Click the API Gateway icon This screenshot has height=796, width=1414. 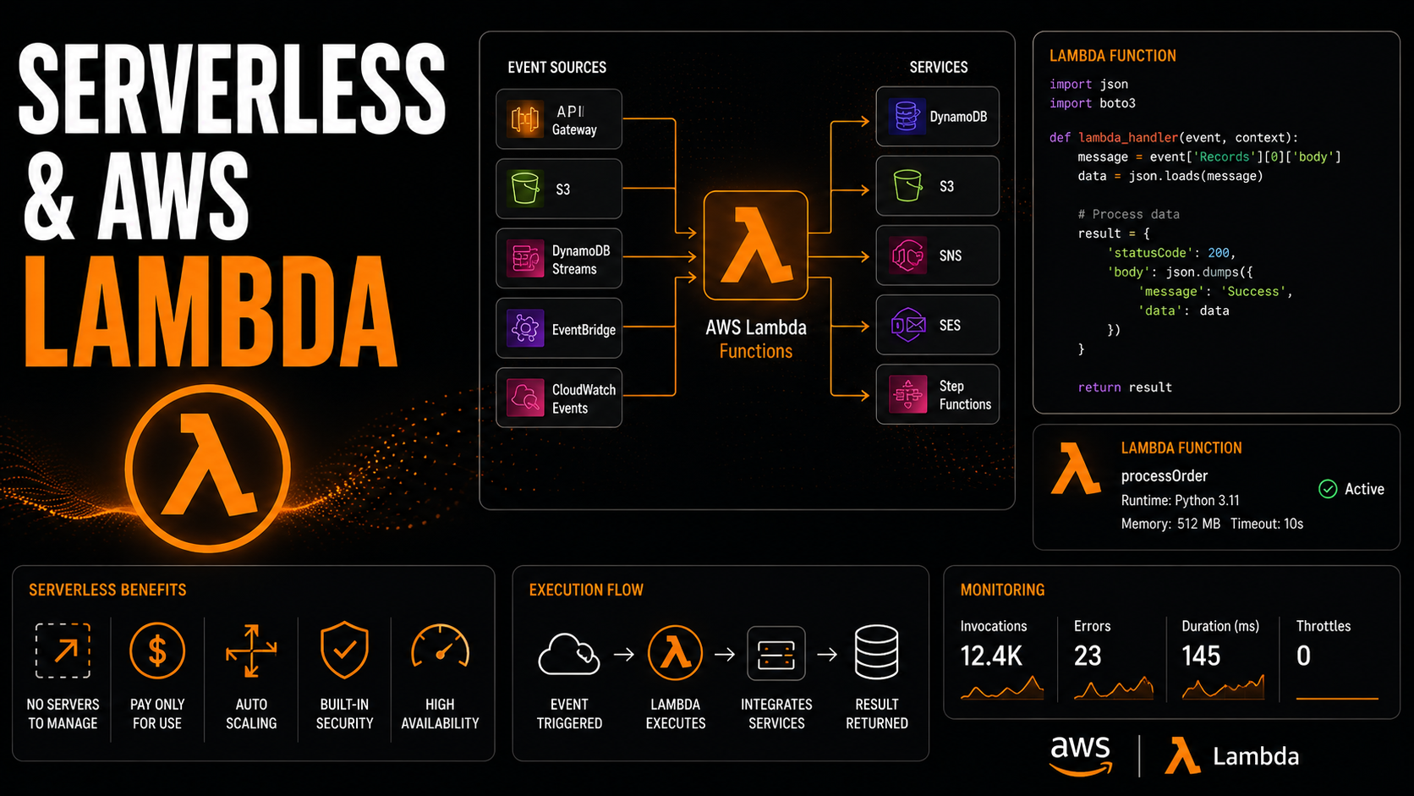[524, 118]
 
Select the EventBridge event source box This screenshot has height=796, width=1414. [559, 328]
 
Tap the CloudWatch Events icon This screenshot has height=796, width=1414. [524, 397]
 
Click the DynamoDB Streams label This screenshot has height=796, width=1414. [581, 260]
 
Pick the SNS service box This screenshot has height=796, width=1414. [937, 255]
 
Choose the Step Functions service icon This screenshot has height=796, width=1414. [907, 394]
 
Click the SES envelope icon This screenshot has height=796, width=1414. [907, 325]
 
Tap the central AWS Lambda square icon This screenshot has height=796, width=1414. [755, 245]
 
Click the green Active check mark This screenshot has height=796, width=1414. [1328, 489]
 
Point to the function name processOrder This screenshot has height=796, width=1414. [1164, 476]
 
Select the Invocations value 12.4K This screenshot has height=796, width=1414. [991, 656]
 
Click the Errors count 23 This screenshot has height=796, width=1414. [1088, 656]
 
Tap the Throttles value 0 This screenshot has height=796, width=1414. [1303, 656]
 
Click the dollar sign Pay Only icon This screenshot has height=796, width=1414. [157, 651]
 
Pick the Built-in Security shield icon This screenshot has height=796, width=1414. [344, 651]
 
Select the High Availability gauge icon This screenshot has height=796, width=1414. [440, 646]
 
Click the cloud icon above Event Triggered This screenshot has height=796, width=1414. [569, 654]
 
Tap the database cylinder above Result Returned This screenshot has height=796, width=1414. [876, 652]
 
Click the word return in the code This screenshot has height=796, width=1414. [1099, 387]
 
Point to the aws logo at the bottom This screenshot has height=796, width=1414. [1080, 755]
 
